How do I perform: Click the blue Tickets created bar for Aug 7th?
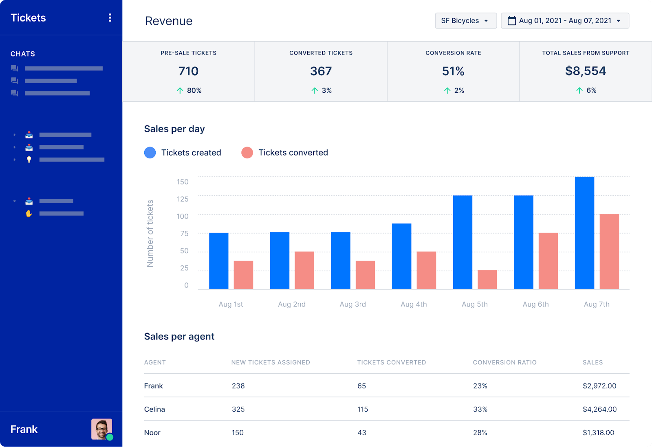pyautogui.click(x=584, y=233)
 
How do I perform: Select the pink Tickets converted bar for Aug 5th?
pyautogui.click(x=487, y=280)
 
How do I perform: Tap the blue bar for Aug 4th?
pyautogui.click(x=401, y=256)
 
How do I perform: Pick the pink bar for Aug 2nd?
pyautogui.click(x=304, y=270)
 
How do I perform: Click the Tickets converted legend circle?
pyautogui.click(x=247, y=153)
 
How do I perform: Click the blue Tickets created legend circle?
pyautogui.click(x=150, y=153)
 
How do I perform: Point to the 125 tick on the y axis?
pyautogui.click(x=182, y=199)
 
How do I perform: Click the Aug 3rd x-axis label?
pyautogui.click(x=352, y=304)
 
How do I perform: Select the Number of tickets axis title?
pyautogui.click(x=150, y=233)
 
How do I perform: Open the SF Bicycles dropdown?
pyautogui.click(x=465, y=21)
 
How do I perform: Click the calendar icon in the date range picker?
pyautogui.click(x=511, y=21)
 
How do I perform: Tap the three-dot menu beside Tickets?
pyautogui.click(x=110, y=18)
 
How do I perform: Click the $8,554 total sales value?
pyautogui.click(x=585, y=71)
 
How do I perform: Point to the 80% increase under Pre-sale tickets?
pyautogui.click(x=189, y=90)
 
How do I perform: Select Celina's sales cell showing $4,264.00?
pyautogui.click(x=599, y=409)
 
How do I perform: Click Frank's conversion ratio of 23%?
pyautogui.click(x=480, y=386)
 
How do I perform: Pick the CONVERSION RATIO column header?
pyautogui.click(x=504, y=362)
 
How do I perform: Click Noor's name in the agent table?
pyautogui.click(x=152, y=433)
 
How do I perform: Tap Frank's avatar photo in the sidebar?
pyautogui.click(x=101, y=429)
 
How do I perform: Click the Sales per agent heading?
pyautogui.click(x=179, y=337)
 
